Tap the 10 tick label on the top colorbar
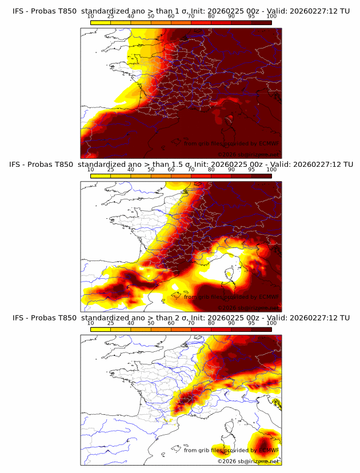click(x=91, y=17)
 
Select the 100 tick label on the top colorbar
click(x=271, y=17)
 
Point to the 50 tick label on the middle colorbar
click(x=151, y=170)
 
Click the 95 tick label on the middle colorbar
click(x=251, y=170)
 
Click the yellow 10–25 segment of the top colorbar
click(x=101, y=23)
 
